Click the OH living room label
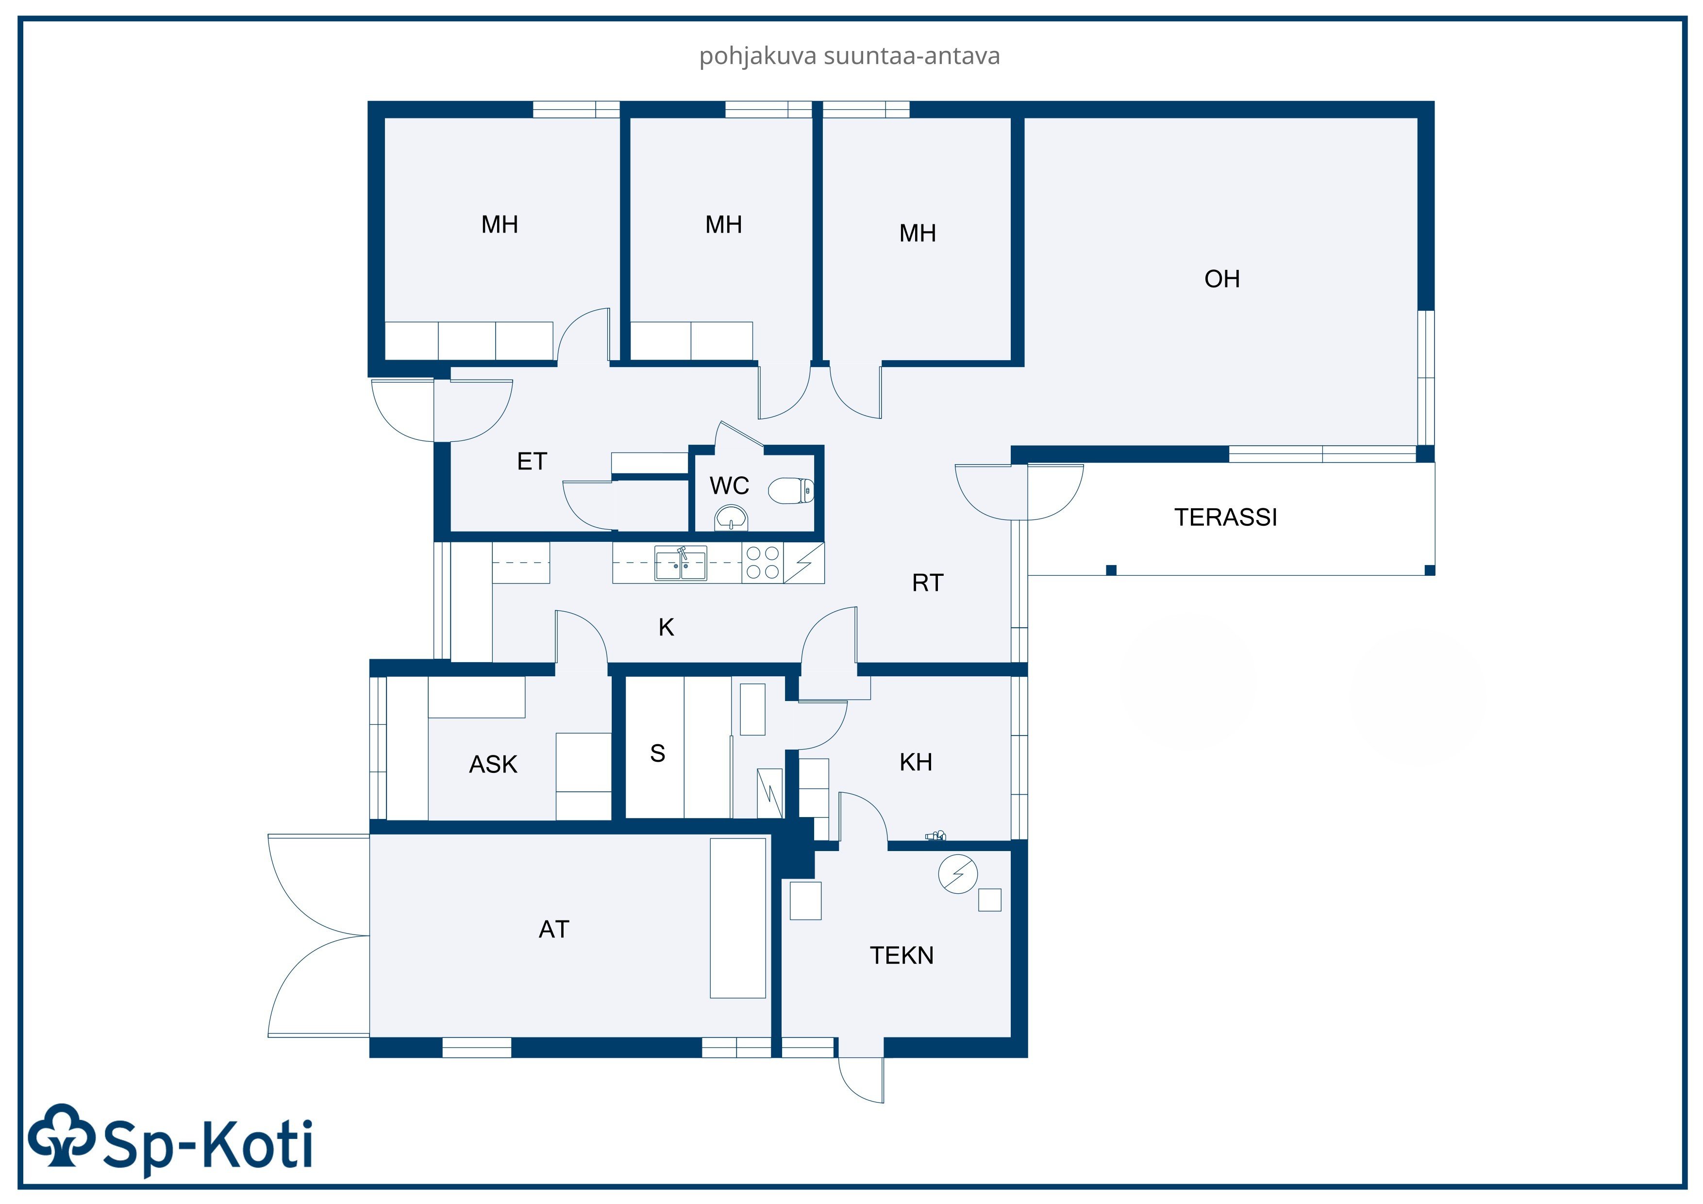(1221, 279)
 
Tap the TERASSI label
(1225, 517)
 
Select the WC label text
(729, 486)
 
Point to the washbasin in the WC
(731, 517)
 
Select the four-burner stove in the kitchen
(763, 562)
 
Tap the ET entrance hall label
(532, 461)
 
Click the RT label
(927, 583)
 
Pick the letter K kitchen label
(666, 628)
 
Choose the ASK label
(493, 764)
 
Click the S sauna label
(657, 753)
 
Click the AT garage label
(554, 930)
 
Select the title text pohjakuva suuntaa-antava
(849, 56)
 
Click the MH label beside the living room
(918, 234)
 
